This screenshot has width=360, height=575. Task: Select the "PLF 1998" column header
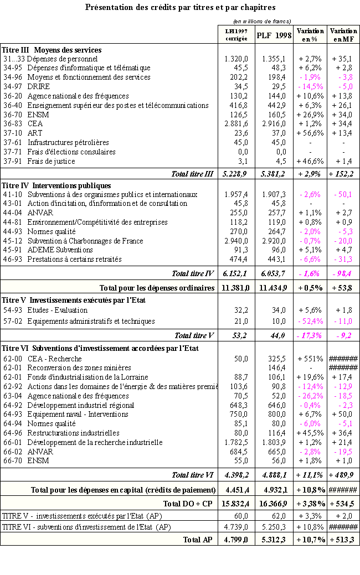point(274,35)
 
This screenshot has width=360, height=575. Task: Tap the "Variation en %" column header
point(310,35)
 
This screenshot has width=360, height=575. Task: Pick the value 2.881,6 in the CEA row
point(236,124)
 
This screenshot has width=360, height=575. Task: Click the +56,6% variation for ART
point(310,133)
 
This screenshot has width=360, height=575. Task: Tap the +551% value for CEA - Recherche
point(310,359)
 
